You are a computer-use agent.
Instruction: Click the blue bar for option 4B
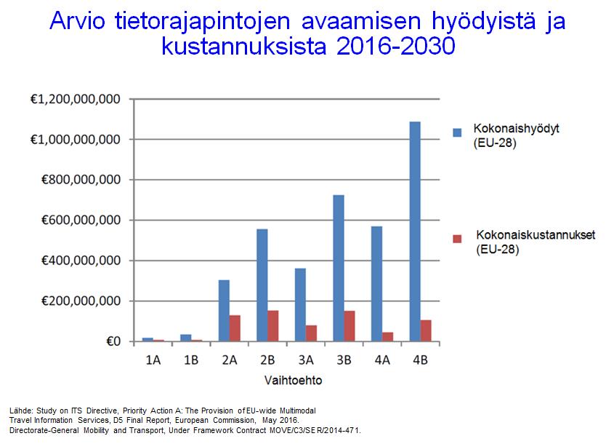(415, 231)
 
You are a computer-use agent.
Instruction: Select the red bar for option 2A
(235, 328)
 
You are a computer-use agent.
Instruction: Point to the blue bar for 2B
(262, 285)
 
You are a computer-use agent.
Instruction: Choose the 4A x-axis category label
(382, 359)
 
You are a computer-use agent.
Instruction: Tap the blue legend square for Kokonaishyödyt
(457, 132)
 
